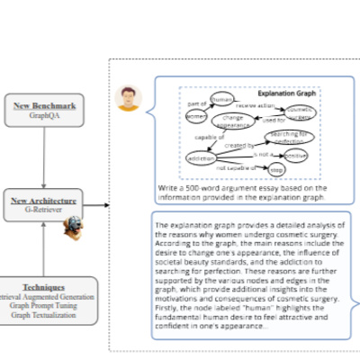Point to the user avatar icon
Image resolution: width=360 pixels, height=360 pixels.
(129, 97)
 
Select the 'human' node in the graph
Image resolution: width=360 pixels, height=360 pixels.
(221, 97)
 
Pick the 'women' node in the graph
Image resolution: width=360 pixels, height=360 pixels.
(196, 117)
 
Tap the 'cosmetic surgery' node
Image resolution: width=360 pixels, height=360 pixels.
(300, 113)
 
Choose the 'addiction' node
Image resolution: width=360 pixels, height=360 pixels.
(201, 158)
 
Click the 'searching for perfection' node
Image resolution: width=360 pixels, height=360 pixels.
(290, 138)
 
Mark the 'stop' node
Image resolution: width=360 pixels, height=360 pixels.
(278, 170)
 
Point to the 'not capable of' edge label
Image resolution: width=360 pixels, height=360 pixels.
(234, 167)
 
